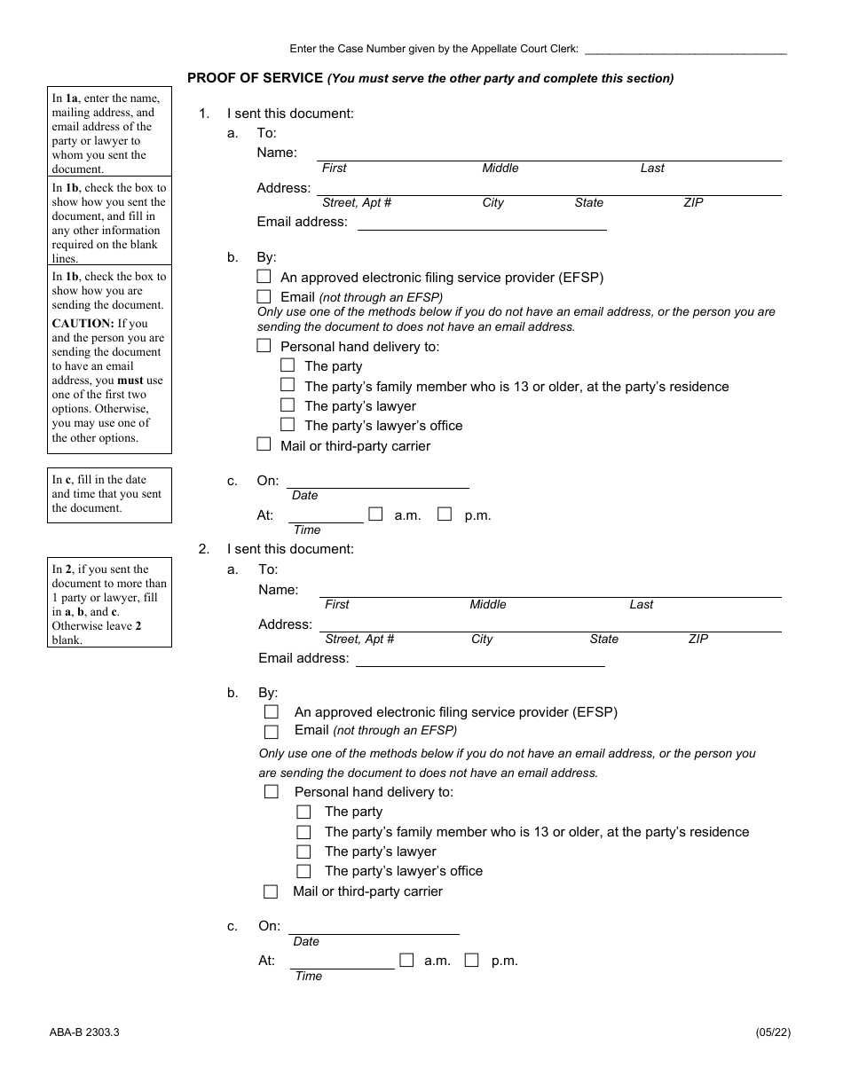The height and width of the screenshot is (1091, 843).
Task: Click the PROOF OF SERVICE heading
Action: (x=255, y=78)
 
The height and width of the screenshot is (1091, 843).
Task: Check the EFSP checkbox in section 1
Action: (x=264, y=277)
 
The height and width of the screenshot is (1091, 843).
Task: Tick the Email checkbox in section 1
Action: (x=264, y=297)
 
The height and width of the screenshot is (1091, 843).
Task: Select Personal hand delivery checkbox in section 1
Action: (x=264, y=346)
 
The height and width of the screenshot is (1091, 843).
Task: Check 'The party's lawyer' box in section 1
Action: (x=288, y=405)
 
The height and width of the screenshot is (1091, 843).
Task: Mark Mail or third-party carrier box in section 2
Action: (x=271, y=891)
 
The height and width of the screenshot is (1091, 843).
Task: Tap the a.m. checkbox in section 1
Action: (x=375, y=514)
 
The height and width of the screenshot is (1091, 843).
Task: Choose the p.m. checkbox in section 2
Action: (x=472, y=960)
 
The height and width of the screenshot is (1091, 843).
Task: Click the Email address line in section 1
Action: (x=481, y=225)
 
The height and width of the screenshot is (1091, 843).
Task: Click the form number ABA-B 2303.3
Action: (x=84, y=1032)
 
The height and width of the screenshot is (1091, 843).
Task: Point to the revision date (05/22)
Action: (x=769, y=1032)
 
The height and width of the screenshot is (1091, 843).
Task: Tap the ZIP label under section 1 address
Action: (x=693, y=203)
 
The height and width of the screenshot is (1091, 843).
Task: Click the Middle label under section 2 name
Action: (x=488, y=605)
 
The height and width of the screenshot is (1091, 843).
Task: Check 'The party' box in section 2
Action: (x=303, y=812)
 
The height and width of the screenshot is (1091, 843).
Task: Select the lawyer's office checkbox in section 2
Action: (x=303, y=871)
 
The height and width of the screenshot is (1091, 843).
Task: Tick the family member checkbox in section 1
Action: (x=288, y=385)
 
